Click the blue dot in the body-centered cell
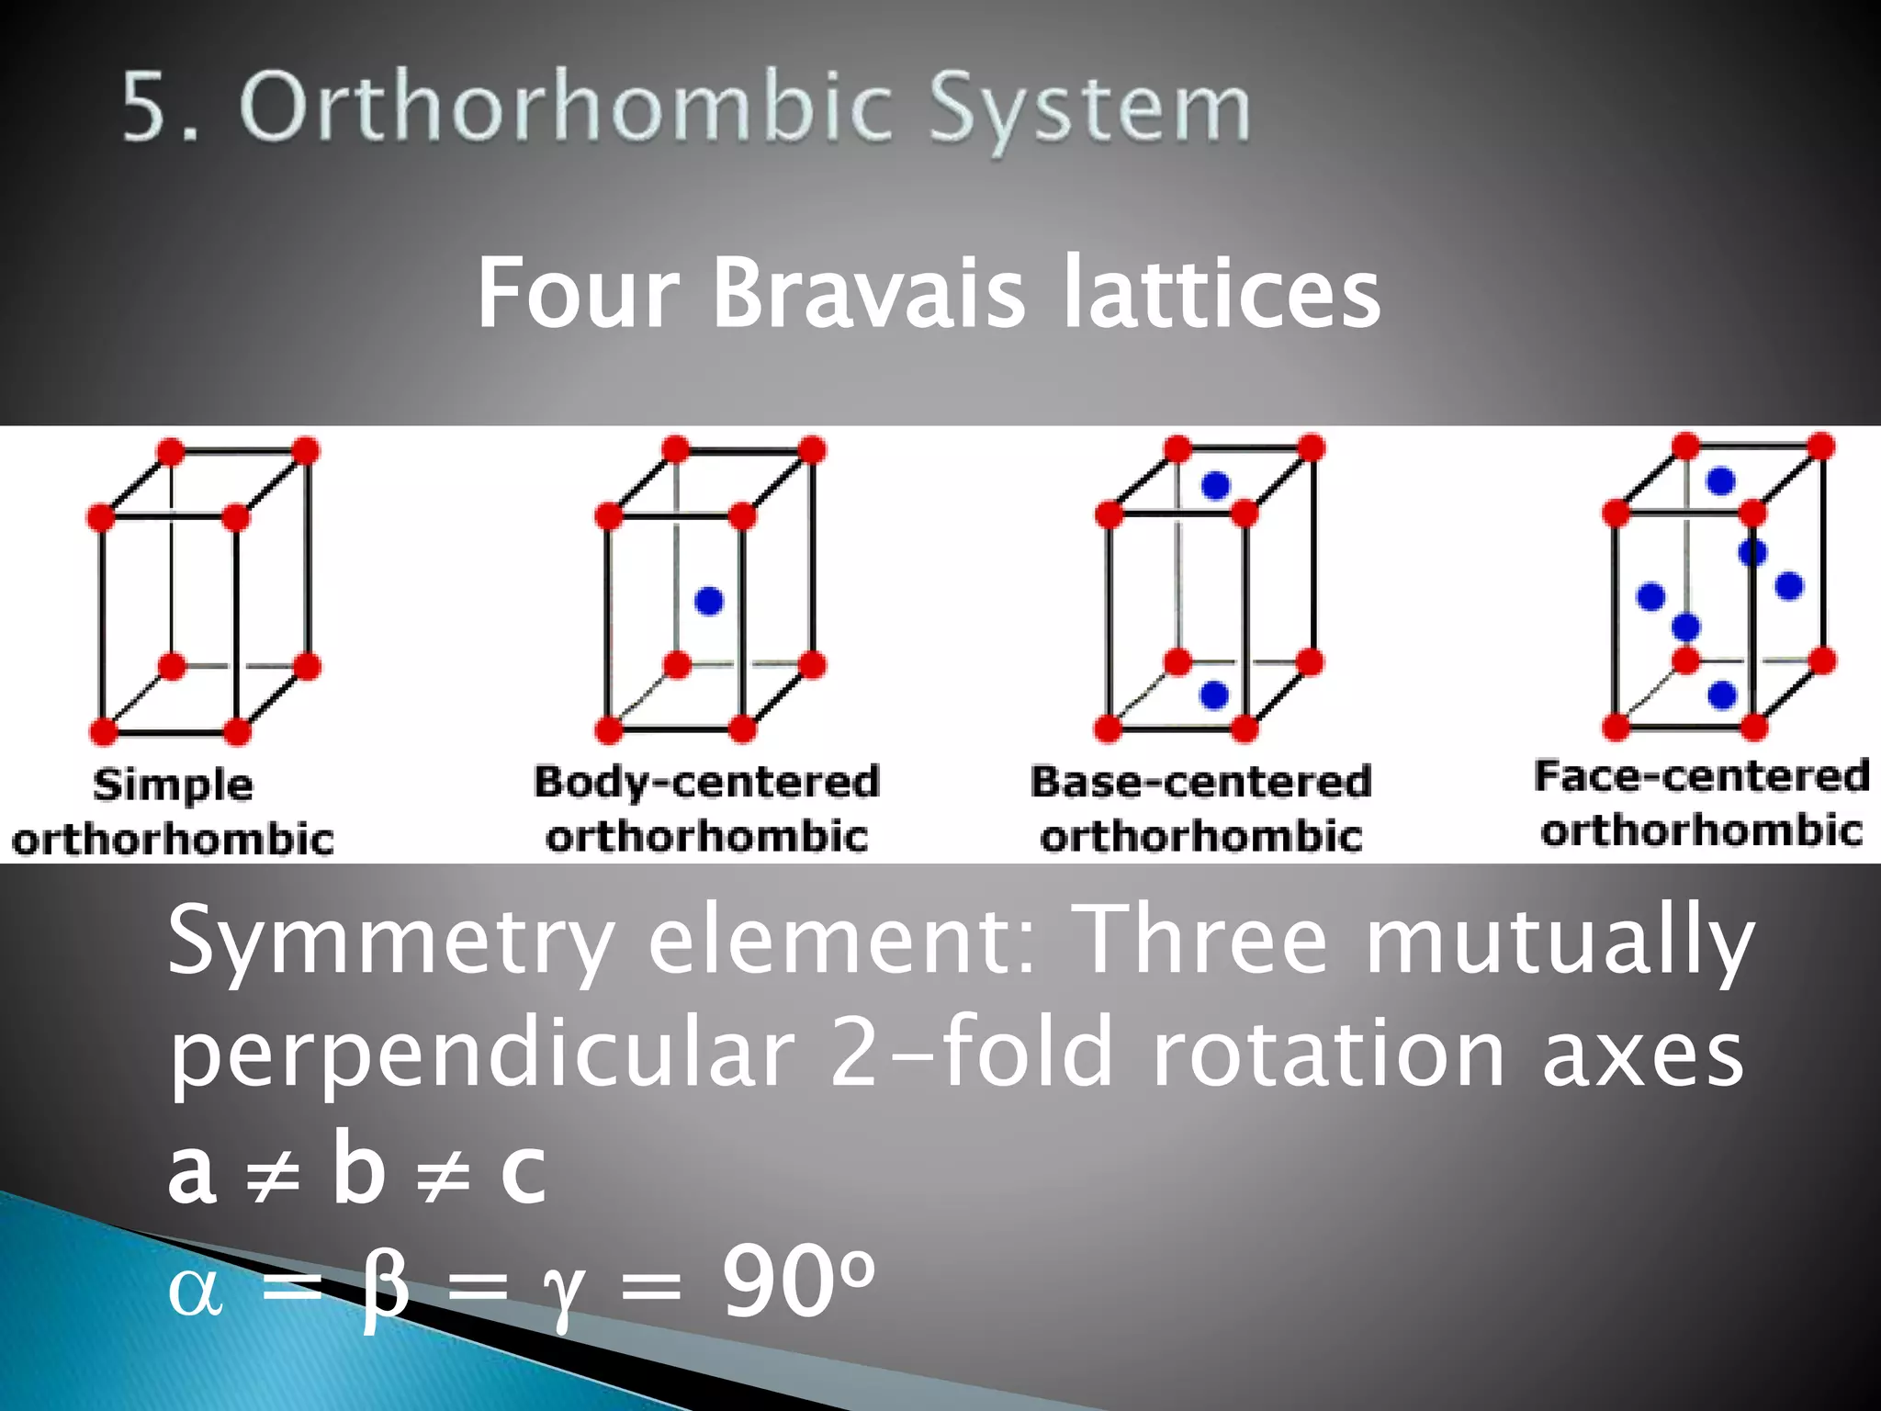[x=709, y=602]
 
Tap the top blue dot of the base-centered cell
[x=1215, y=486]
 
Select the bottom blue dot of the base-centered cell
[x=1214, y=695]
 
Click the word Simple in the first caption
[x=173, y=785]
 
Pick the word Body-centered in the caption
[x=706, y=782]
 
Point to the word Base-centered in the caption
[x=1200, y=782]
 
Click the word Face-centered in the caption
[x=1701, y=776]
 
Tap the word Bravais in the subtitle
[x=868, y=293]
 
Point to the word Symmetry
[x=390, y=942]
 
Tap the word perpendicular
[x=482, y=1055]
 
